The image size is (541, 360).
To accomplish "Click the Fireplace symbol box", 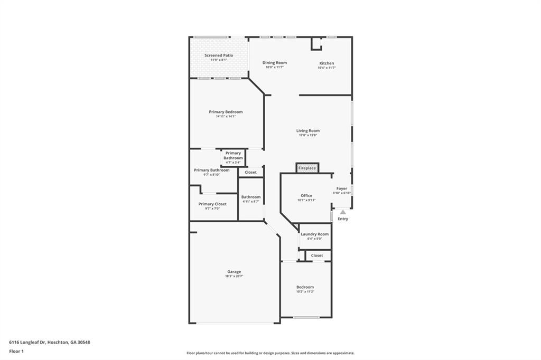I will (x=307, y=168).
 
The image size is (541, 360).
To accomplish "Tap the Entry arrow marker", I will (x=342, y=212).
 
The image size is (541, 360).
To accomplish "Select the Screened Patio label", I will (x=219, y=55).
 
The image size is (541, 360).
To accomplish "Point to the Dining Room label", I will (x=275, y=63).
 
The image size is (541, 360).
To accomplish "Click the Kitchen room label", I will (x=327, y=63).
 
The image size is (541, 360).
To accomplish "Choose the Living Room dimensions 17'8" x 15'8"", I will (x=307, y=135).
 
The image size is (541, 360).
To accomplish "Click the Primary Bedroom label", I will (x=226, y=112).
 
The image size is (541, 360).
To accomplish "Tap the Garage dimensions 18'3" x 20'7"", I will (x=234, y=276).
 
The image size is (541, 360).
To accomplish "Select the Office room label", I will (x=306, y=196).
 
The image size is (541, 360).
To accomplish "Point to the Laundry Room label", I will (x=315, y=234).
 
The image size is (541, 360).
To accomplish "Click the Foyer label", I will (x=342, y=188).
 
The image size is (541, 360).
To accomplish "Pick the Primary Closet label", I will (x=212, y=204).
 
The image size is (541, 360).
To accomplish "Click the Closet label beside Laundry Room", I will (x=317, y=255).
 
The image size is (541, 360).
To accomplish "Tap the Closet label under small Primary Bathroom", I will (x=250, y=172).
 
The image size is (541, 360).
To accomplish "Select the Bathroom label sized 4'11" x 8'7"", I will (x=251, y=197).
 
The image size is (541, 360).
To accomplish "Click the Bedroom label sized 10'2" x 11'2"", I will (x=305, y=287).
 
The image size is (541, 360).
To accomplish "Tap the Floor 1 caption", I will (x=16, y=351).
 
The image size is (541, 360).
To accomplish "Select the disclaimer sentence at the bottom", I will (x=270, y=353).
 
